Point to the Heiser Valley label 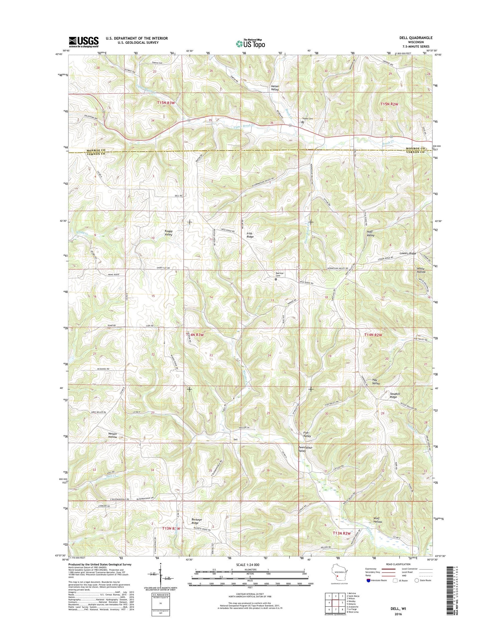[275, 88]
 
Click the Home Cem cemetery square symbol [302, 122]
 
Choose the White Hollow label [421, 270]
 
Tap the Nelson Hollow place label [113, 435]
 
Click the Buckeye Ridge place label [197, 521]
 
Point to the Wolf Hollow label [378, 520]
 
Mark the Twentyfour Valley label [302, 449]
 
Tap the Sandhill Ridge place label [393, 395]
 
